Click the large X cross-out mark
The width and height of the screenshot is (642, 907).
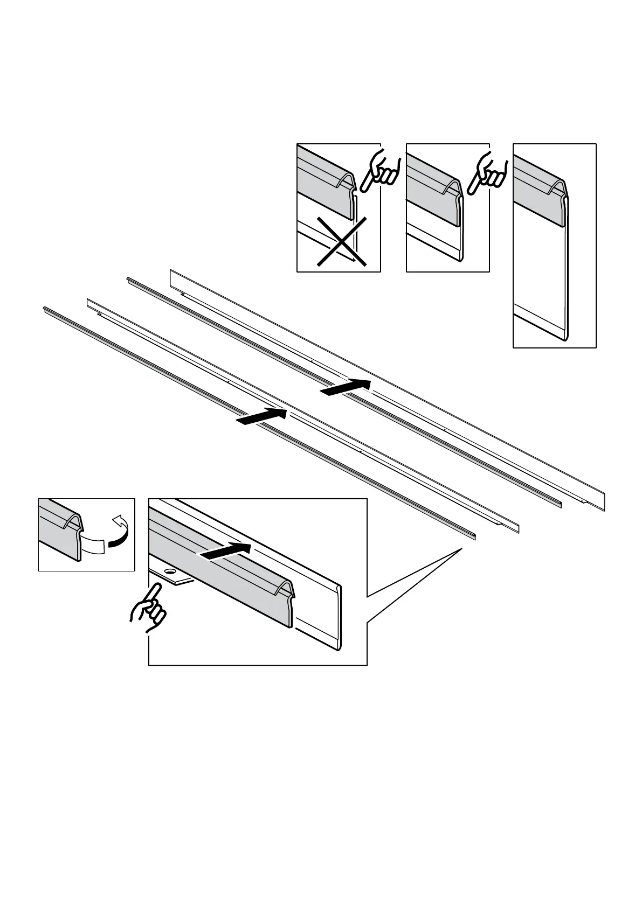point(342,241)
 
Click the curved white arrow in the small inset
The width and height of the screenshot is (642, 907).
point(121,531)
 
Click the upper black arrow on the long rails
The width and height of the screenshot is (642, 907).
point(346,387)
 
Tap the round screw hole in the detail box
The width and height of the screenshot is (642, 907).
point(170,570)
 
